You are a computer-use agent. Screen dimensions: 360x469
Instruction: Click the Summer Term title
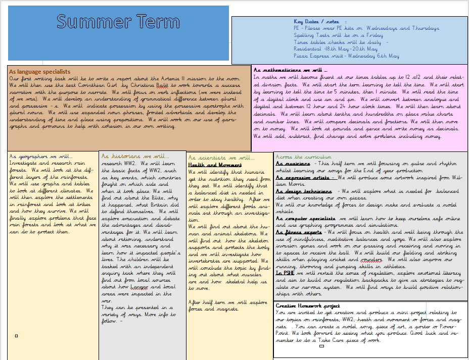[x=118, y=22]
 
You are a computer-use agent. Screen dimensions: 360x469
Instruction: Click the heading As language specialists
[x=39, y=72]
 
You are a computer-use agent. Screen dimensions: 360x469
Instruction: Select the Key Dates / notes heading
[x=316, y=22]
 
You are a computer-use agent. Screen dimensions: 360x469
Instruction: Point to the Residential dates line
[x=336, y=49]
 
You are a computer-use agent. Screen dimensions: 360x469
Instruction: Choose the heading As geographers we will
[x=41, y=157]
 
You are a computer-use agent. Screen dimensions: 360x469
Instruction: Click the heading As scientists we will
[x=219, y=158]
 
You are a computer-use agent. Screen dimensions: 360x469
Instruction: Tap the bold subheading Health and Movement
[x=215, y=165]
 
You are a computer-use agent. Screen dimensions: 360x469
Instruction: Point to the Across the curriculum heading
[x=304, y=157]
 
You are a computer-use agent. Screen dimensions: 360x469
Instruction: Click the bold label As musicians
[x=293, y=164]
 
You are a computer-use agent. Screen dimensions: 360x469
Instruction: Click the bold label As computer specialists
[x=307, y=219]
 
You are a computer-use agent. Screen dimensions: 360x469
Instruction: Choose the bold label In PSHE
[x=286, y=273]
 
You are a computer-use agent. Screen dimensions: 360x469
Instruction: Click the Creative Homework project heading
[x=308, y=306]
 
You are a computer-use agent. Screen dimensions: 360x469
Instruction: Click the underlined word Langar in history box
[x=139, y=287]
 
